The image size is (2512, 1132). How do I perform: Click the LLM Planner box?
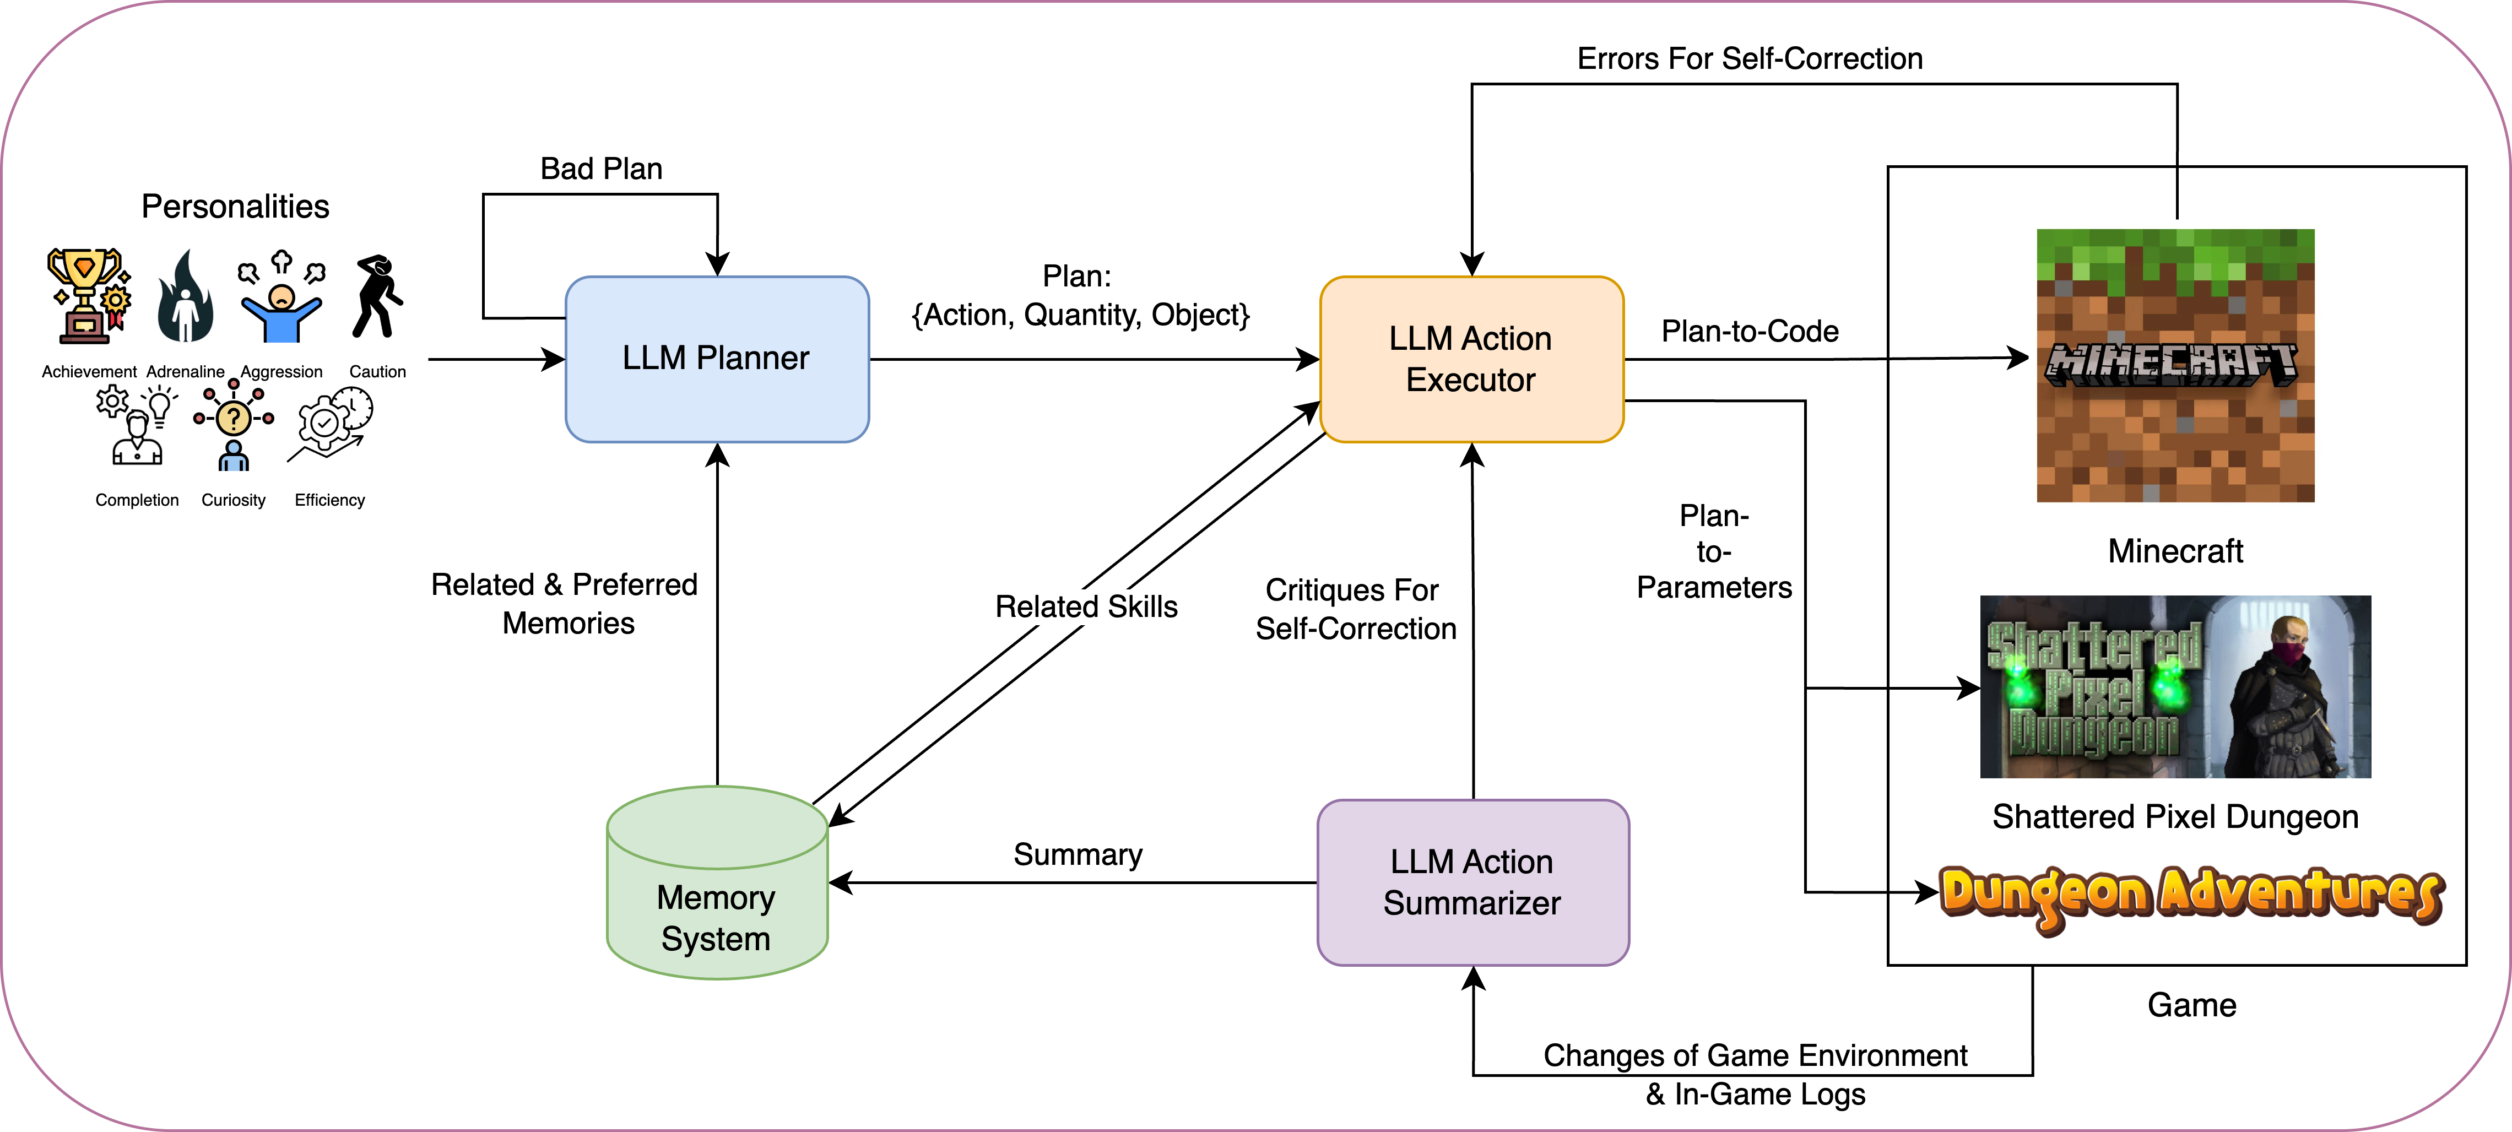point(717,359)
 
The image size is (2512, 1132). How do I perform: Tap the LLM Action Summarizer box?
point(1472,882)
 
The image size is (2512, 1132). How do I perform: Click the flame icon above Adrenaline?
point(185,297)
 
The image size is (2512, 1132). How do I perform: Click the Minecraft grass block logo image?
point(2175,366)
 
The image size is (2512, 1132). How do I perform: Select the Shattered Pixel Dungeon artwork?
point(2175,686)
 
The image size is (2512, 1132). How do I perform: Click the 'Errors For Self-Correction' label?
point(1750,58)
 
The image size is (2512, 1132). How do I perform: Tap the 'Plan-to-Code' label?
point(1750,332)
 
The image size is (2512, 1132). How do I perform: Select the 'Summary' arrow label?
point(1078,854)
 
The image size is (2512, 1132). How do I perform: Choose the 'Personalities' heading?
point(235,207)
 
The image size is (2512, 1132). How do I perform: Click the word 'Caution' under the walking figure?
point(377,371)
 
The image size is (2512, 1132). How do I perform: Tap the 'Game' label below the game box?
point(2191,1005)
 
